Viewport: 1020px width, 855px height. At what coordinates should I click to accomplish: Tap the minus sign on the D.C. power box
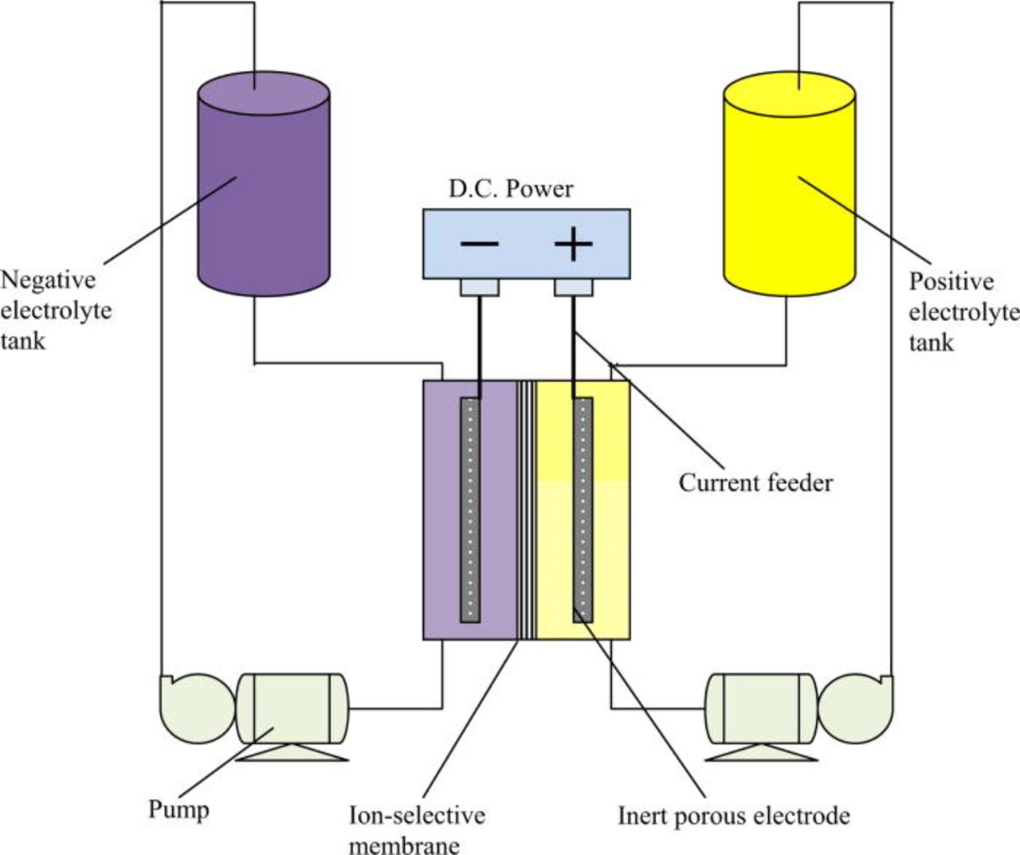click(480, 244)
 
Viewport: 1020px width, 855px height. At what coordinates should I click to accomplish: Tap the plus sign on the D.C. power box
click(573, 244)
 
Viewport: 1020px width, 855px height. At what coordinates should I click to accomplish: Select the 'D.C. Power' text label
click(511, 189)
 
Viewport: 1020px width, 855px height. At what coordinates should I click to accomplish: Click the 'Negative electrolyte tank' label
click(55, 311)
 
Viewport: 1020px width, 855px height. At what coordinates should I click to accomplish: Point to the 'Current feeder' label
click(755, 483)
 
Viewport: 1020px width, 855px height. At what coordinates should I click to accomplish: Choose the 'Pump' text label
click(178, 810)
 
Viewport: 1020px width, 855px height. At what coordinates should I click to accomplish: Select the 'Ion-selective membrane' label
click(417, 829)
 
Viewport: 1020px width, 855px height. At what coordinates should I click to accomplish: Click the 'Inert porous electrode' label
click(733, 816)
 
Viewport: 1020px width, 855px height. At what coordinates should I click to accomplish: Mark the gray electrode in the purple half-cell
click(471, 510)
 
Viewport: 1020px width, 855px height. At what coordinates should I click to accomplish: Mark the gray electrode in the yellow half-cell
click(583, 510)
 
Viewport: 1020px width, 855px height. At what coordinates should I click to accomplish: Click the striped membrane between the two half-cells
click(526, 510)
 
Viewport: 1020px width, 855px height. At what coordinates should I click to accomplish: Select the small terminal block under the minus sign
click(480, 287)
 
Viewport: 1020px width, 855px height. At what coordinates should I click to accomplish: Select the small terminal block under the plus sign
click(573, 287)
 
